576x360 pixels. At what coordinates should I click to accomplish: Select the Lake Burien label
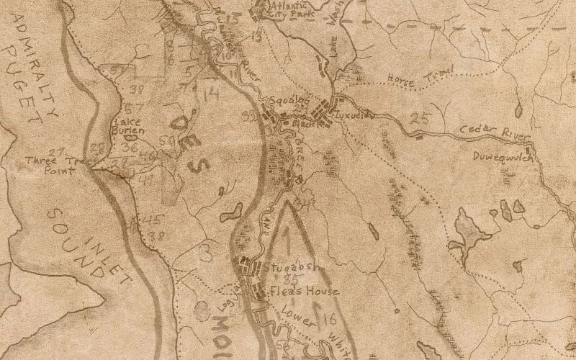click(x=129, y=127)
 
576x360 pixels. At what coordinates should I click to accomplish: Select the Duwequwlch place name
click(x=503, y=156)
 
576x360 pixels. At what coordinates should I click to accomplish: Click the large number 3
click(x=207, y=252)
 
